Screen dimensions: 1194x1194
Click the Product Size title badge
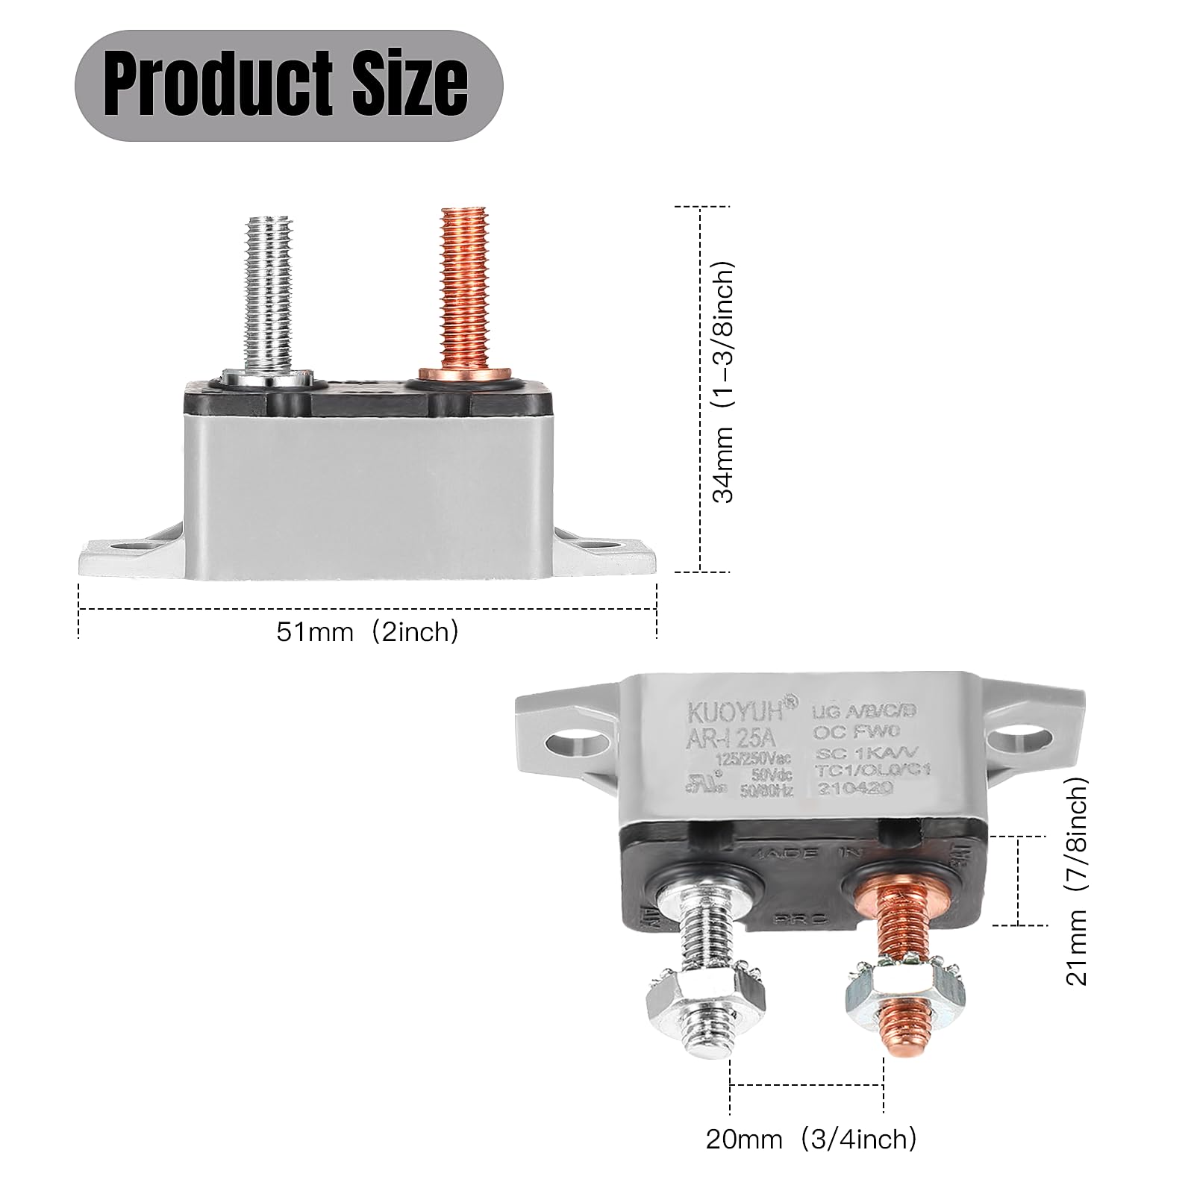pos(288,86)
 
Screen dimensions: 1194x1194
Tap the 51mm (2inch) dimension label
pos(367,632)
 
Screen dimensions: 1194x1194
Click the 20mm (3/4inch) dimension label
pos(810,1139)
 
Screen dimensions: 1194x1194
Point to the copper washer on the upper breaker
pos(465,373)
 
